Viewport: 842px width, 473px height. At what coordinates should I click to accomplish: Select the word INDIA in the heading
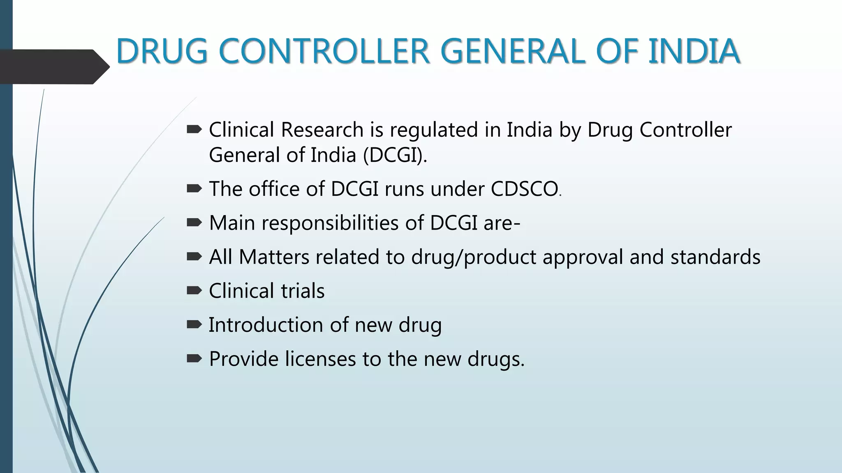[694, 51]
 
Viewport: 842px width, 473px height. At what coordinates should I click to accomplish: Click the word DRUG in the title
[162, 51]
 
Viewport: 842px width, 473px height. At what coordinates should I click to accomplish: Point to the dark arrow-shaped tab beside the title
[53, 67]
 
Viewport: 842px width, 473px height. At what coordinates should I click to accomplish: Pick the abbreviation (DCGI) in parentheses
[395, 155]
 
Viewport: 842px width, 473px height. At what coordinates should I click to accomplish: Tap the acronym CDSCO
[524, 189]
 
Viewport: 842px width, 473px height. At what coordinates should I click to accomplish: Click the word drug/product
[473, 257]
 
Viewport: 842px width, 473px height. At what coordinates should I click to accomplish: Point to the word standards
[715, 257]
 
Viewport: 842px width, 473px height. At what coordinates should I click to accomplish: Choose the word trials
[303, 291]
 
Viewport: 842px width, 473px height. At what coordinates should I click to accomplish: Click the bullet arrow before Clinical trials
[194, 291]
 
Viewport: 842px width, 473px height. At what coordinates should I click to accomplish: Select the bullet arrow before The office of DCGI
[194, 189]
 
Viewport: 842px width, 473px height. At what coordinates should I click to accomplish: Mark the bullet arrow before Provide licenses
[194, 358]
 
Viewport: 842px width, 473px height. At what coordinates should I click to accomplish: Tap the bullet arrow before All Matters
[194, 257]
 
